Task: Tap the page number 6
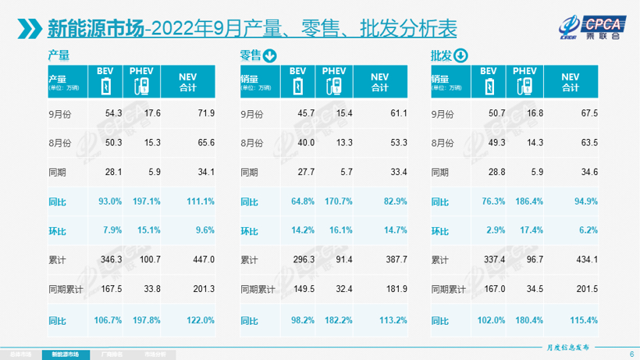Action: (631, 354)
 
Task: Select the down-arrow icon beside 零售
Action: (270, 55)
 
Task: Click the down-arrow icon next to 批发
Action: (460, 55)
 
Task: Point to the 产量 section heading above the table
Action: (59, 55)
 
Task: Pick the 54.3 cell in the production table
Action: (115, 113)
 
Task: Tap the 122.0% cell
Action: (202, 320)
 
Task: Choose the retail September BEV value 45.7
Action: (304, 113)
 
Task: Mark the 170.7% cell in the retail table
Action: (337, 201)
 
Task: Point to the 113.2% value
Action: (393, 320)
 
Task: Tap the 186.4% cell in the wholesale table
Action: (528, 201)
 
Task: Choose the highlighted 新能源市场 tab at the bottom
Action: (66, 354)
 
